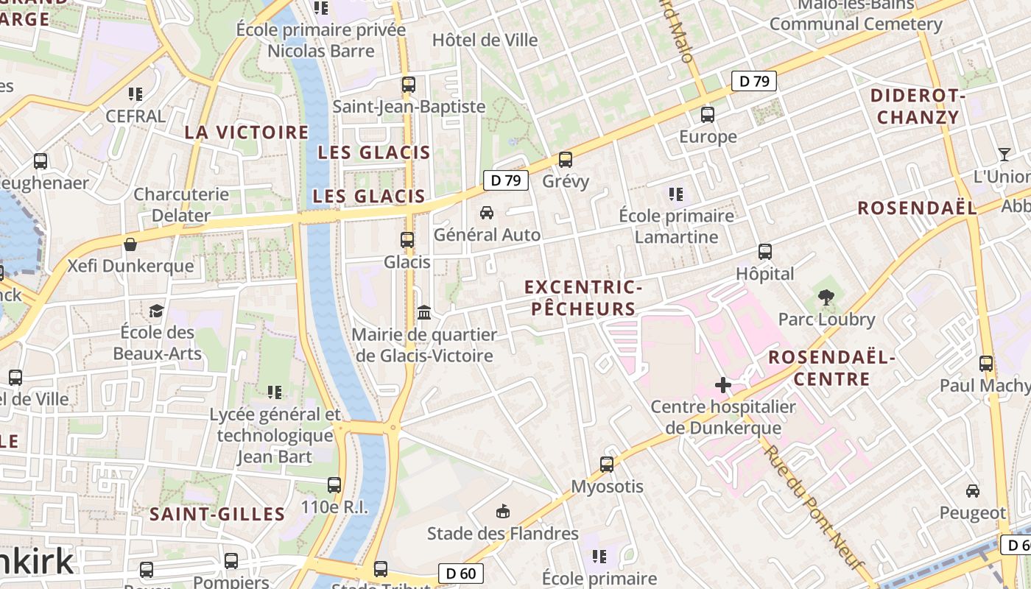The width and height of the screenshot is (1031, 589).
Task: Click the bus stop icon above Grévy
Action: [x=565, y=159]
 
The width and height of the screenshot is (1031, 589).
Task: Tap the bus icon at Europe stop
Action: [x=707, y=114]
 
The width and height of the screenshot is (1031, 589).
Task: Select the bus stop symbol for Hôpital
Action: [x=764, y=252]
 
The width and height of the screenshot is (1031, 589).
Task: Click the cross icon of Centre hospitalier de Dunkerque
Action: [x=722, y=385]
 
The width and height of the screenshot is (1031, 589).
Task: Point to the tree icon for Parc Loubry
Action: [x=826, y=297]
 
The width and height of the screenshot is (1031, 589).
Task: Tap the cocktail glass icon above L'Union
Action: [x=1004, y=155]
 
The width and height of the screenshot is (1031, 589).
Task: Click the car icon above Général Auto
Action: [x=486, y=213]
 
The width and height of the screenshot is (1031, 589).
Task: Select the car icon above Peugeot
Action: [x=972, y=490]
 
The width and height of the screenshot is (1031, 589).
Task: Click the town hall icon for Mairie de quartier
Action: [x=423, y=313]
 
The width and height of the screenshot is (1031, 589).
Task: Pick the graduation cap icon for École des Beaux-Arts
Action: [x=156, y=311]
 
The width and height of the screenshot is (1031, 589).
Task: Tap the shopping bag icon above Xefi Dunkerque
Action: [x=130, y=244]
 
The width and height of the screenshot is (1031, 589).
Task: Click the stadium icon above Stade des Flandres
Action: [x=503, y=511]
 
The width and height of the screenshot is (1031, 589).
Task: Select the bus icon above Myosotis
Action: [x=606, y=465]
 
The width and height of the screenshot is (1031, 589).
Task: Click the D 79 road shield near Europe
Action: [x=753, y=81]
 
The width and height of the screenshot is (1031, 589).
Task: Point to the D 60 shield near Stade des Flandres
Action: [x=461, y=573]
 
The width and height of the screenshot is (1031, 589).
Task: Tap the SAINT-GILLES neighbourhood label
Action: [x=217, y=514]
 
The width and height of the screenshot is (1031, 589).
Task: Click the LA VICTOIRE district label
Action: [x=246, y=133]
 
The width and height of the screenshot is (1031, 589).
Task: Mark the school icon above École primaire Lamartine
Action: [x=675, y=194]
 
